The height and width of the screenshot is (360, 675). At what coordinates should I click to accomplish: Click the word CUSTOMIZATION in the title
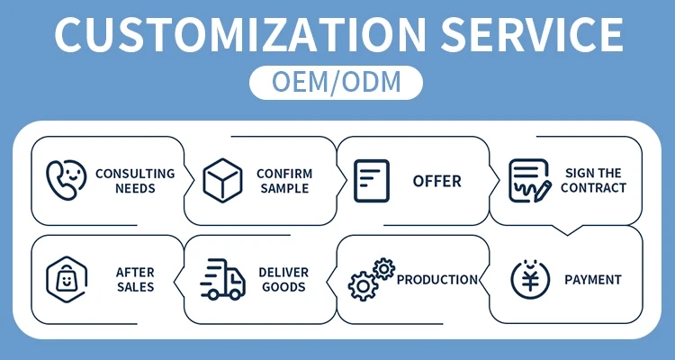tap(240, 34)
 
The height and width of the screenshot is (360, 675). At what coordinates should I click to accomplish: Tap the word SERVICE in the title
tap(532, 34)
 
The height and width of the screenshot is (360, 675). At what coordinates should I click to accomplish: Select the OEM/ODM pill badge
tap(336, 83)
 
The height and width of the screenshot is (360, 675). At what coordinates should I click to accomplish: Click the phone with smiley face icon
tap(67, 180)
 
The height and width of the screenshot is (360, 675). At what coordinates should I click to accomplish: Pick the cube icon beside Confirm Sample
tap(222, 180)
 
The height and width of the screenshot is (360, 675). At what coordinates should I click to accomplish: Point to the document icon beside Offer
tap(372, 181)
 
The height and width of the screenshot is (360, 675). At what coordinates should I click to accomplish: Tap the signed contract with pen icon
tap(530, 181)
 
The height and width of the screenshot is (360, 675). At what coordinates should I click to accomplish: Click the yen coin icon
tap(530, 280)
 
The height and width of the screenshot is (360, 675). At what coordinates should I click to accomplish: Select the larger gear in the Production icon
tap(363, 286)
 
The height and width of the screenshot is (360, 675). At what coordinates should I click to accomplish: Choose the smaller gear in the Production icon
tap(384, 269)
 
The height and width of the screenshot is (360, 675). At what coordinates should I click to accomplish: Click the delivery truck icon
tap(222, 279)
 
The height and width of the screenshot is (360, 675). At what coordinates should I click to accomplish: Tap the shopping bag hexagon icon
tap(67, 280)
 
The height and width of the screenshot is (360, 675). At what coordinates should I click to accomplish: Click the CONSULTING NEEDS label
tap(135, 181)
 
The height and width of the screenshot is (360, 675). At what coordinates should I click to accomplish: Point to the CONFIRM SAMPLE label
tap(284, 181)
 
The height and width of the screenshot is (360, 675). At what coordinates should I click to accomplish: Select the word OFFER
tap(436, 181)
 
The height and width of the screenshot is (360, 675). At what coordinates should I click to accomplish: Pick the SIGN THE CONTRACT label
tap(593, 180)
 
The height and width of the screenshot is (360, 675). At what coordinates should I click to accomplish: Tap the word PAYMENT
tap(593, 280)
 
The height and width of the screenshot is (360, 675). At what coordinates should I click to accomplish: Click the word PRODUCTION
tap(436, 280)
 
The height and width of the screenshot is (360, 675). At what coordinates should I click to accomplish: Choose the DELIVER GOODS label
tap(283, 280)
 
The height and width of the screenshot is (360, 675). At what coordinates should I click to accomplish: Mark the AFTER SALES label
tap(135, 280)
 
